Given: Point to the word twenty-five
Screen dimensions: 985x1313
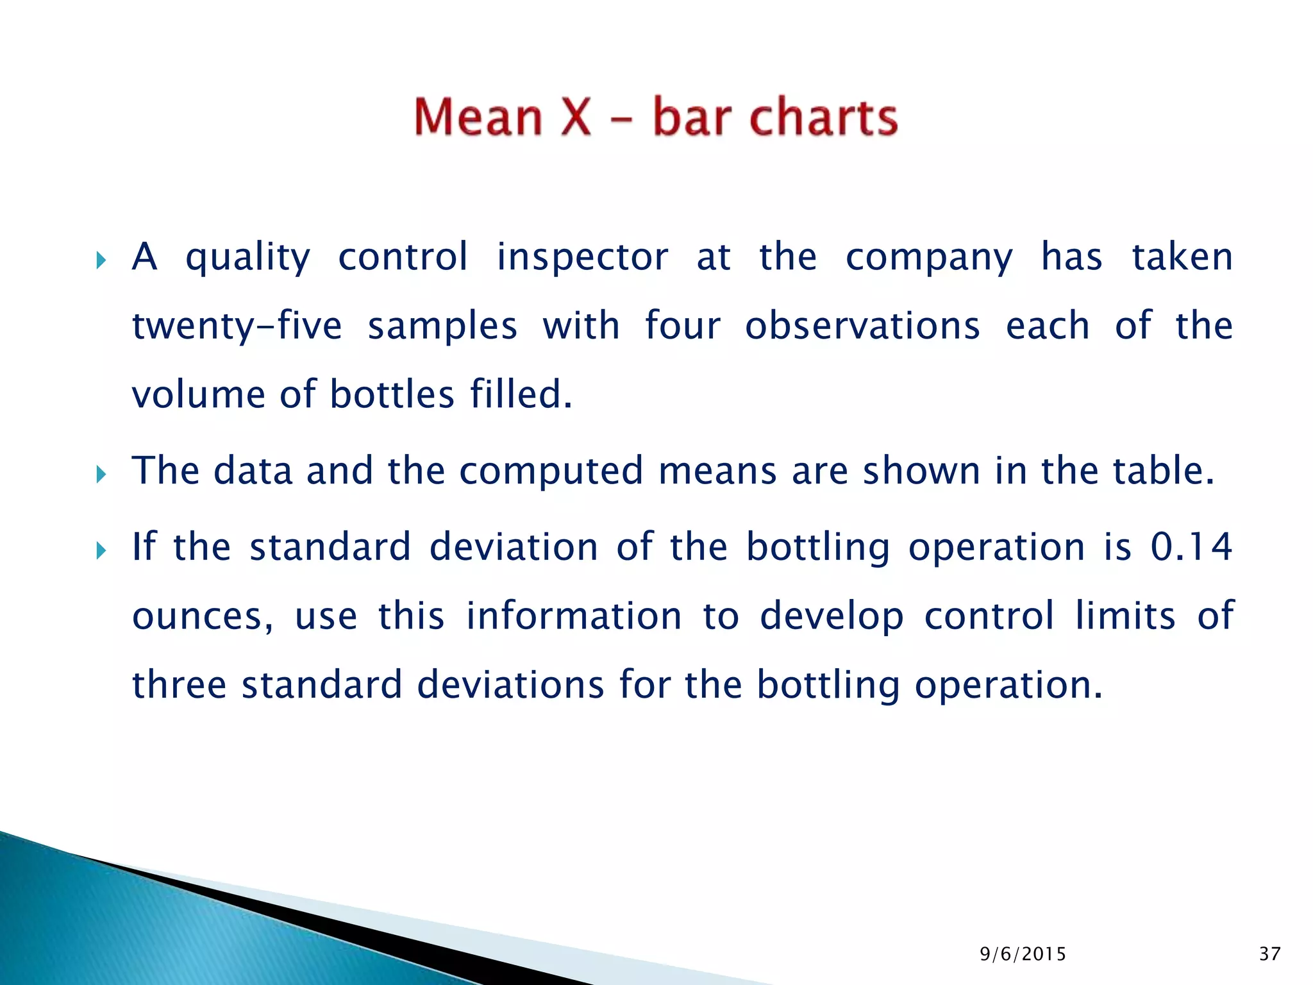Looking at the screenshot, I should coord(237,326).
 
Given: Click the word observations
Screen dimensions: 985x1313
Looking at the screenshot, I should coord(862,326).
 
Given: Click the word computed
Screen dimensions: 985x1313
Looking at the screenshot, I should coord(551,471).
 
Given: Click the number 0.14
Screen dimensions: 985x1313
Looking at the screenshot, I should coord(1191,547).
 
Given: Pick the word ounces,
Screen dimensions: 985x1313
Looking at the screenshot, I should coord(203,616).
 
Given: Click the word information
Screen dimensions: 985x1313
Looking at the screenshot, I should coord(573,616).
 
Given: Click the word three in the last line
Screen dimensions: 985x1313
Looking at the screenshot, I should coord(179,684).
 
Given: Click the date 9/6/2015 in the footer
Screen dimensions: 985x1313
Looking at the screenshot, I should coord(1023,954).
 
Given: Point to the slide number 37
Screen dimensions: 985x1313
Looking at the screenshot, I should coord(1269,954).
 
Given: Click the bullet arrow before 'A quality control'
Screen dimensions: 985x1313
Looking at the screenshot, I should coord(101,260).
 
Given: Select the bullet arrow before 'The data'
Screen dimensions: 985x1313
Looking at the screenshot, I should coord(101,475).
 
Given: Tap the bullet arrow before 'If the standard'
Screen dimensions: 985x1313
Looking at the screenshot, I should coord(101,550).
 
